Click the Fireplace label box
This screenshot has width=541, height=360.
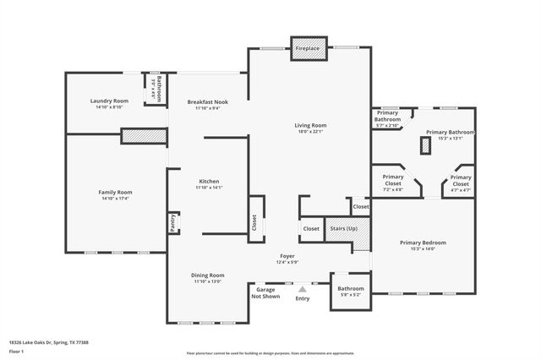[x=307, y=48]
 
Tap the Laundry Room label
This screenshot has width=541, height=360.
[x=109, y=101]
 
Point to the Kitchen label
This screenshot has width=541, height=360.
[x=209, y=181]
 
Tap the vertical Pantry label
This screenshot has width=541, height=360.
[x=173, y=223]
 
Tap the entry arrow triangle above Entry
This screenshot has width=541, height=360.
[x=302, y=288]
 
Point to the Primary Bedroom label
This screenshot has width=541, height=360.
[x=423, y=243]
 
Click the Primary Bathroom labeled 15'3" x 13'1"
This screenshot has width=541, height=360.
[x=450, y=132]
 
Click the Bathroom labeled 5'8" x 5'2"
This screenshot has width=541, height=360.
[x=351, y=288]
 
